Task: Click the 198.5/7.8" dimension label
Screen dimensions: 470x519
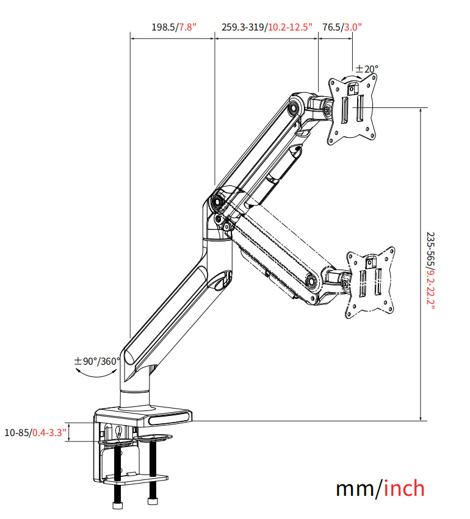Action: point(174,27)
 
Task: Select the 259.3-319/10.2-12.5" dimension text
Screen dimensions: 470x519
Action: point(267,27)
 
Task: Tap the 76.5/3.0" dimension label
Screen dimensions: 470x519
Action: point(342,27)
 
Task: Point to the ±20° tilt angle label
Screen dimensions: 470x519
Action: point(367,69)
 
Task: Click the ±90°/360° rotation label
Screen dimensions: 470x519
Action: point(96,361)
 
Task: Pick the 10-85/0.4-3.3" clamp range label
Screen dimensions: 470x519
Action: point(35,432)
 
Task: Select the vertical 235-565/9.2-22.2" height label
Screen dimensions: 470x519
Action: point(430,271)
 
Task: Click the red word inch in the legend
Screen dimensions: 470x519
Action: point(404,489)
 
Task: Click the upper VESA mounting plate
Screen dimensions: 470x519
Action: point(352,109)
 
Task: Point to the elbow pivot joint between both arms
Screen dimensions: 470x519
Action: point(218,201)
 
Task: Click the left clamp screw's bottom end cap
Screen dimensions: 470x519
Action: point(117,505)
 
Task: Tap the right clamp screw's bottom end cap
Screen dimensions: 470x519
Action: point(153,501)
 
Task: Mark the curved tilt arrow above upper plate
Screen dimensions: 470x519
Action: point(352,77)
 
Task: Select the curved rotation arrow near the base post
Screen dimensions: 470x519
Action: point(96,373)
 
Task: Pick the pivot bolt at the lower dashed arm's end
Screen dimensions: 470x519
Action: point(312,280)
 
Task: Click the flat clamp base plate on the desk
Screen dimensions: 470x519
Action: point(143,417)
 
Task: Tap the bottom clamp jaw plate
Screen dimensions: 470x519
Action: point(135,479)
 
